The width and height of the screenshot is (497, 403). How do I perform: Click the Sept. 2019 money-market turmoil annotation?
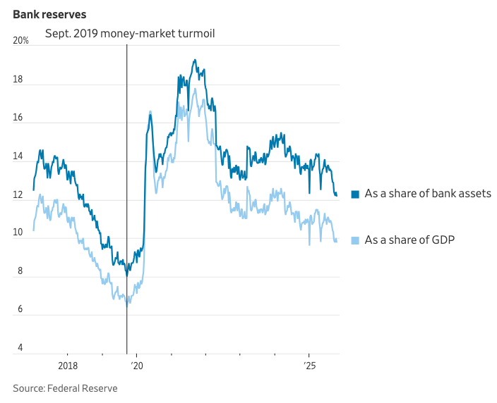(130, 33)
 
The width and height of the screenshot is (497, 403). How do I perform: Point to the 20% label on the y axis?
(21, 41)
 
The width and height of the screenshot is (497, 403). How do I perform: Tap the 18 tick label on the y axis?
(18, 80)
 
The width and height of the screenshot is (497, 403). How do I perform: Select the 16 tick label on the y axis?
(18, 118)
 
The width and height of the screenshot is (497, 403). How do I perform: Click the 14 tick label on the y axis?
(18, 156)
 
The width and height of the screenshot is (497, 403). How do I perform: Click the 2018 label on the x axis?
(68, 366)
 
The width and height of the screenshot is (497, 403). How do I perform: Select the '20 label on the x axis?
(136, 366)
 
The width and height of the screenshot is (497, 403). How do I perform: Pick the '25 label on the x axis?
(309, 366)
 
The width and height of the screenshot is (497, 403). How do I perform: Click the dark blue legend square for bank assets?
(355, 194)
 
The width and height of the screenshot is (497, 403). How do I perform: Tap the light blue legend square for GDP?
(355, 240)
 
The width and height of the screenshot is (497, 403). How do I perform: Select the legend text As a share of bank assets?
(428, 194)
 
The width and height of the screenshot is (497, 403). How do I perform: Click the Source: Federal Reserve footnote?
(65, 388)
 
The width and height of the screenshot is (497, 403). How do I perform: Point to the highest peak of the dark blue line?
(195, 60)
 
